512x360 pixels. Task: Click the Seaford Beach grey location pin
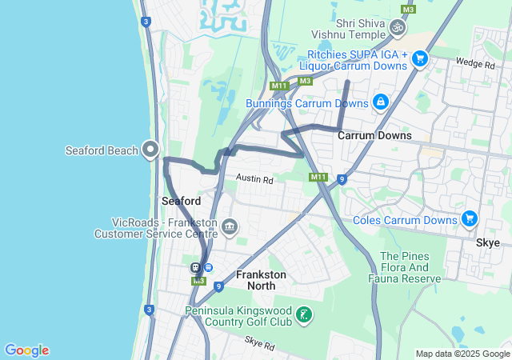point(150,149)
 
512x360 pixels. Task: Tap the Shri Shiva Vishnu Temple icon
point(397,29)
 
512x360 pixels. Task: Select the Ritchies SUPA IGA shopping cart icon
point(419,58)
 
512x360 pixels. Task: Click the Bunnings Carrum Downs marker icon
point(380,102)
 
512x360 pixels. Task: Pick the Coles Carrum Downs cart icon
point(469,219)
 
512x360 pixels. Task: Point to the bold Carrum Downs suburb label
point(374,135)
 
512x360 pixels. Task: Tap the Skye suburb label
point(487,242)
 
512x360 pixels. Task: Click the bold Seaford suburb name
point(181,200)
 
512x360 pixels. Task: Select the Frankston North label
point(261,280)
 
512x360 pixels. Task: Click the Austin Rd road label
point(254,180)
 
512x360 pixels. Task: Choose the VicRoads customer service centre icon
point(230,228)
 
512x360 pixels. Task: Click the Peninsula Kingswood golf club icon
point(304,315)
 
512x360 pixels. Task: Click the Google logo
point(26,350)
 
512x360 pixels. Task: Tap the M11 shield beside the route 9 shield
point(318,177)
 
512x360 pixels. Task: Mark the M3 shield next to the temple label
point(408,9)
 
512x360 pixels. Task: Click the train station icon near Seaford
point(195,267)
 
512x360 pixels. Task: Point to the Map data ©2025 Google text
point(462,354)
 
